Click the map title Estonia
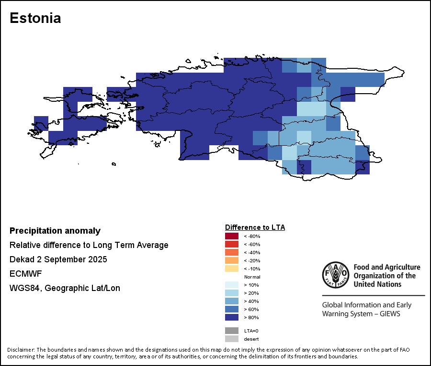click(x=35, y=18)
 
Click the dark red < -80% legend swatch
click(x=231, y=236)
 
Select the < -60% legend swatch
click(x=231, y=244)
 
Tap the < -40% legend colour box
click(x=231, y=252)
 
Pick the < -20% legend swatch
click(x=231, y=260)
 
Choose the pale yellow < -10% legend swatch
click(x=231, y=269)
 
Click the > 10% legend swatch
click(x=231, y=285)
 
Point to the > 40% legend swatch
click(x=231, y=301)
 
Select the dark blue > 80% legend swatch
click(x=231, y=317)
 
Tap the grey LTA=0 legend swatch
click(x=231, y=331)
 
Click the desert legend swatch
click(x=231, y=339)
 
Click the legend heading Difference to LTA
click(x=255, y=227)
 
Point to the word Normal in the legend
click(x=252, y=277)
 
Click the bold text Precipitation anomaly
click(x=55, y=231)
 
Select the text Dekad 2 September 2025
click(x=58, y=259)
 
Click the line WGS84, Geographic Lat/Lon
click(x=65, y=288)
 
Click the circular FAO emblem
click(x=335, y=275)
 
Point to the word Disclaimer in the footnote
click(x=21, y=350)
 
